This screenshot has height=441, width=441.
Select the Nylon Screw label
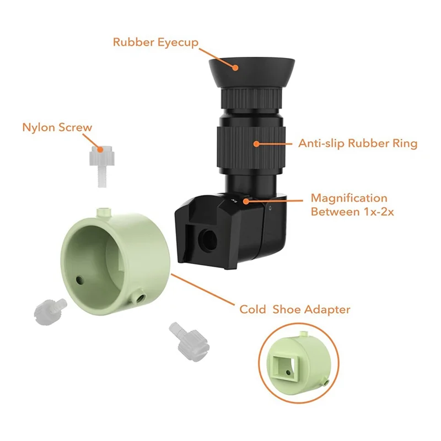[x=57, y=127]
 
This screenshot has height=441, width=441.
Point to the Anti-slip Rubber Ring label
[x=358, y=144]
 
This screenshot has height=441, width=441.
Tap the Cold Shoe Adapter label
[x=294, y=310]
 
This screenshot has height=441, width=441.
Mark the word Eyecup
[x=178, y=42]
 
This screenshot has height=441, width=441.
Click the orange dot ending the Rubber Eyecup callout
[x=236, y=67]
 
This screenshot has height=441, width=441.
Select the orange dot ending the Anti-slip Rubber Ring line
[x=257, y=144]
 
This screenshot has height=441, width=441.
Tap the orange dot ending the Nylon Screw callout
[x=100, y=149]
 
